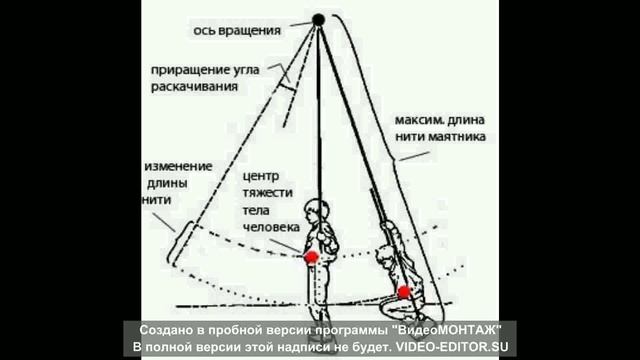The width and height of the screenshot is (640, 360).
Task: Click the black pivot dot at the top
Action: coord(318,19)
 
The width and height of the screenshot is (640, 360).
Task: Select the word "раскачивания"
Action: coord(194,87)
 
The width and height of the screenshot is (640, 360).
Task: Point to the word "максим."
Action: coord(419,120)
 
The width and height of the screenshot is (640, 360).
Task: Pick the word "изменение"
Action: coord(178,167)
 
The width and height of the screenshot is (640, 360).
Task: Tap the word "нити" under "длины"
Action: coord(157,200)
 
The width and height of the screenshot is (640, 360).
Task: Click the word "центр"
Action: coord(261,177)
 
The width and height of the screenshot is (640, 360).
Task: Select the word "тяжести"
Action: coord(268,193)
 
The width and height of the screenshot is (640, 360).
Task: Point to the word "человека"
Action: coord(271,227)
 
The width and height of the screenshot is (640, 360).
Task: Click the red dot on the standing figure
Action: coord(311,258)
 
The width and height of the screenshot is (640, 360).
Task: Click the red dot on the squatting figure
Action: coord(404,292)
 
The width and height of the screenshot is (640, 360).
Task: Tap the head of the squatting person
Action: coord(385,256)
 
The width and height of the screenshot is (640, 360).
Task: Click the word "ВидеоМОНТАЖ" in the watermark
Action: coord(450,330)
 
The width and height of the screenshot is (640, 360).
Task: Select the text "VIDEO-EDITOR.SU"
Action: coord(452,347)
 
